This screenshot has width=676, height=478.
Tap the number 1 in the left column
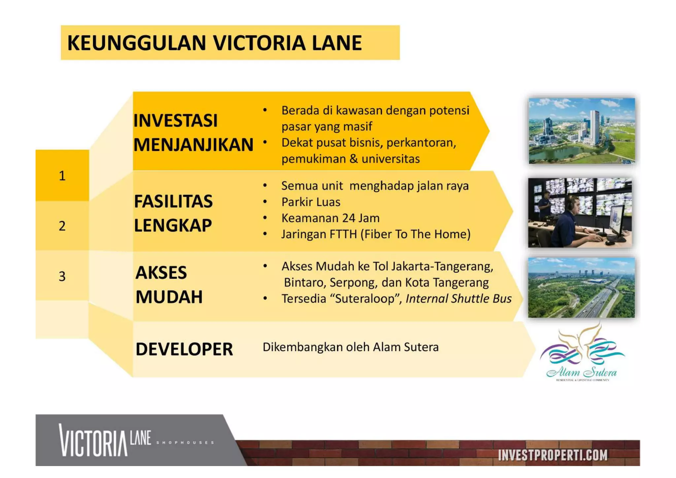point(62,176)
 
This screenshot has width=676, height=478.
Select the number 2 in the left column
point(62,226)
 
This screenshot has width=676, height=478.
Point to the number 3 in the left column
point(62,276)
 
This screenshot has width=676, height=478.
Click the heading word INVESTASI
point(175,120)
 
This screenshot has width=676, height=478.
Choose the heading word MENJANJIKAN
point(193,145)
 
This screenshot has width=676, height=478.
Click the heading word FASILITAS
point(173,201)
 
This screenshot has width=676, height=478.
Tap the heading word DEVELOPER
point(184,349)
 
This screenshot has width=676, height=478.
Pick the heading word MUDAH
point(169,297)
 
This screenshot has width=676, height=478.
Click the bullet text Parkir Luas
point(311,202)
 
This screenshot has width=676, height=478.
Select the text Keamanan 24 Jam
point(330,218)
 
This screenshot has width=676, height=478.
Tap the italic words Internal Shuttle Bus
point(458,299)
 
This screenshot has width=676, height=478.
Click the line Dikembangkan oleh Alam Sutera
point(351,347)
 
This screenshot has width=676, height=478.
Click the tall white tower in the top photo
point(594,127)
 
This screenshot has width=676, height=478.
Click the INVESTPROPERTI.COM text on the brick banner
point(553,455)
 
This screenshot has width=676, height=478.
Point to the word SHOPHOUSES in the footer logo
point(185,443)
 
